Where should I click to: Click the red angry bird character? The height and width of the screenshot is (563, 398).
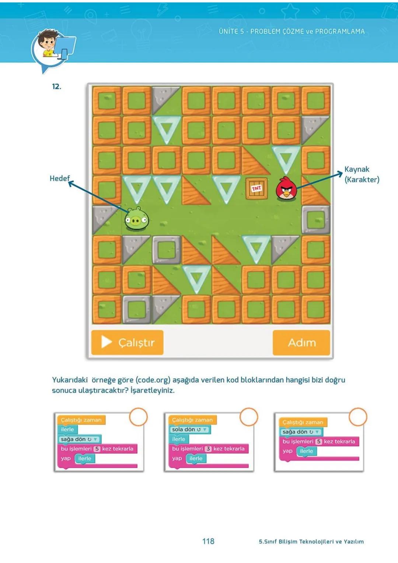(x=286, y=188)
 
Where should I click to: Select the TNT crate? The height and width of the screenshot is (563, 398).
(x=256, y=188)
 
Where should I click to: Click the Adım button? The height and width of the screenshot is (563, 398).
(x=301, y=343)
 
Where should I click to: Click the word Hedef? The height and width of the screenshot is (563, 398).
(x=59, y=178)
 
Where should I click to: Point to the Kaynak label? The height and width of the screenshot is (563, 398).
(x=357, y=169)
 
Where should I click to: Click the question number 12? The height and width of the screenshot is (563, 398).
(x=56, y=87)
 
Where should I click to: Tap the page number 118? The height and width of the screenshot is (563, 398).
(x=208, y=541)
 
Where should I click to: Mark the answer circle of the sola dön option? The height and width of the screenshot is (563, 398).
(x=249, y=417)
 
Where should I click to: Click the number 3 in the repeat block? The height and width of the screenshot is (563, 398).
(x=208, y=449)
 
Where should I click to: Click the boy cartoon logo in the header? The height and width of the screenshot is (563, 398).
(x=52, y=48)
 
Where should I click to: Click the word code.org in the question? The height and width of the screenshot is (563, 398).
(x=153, y=380)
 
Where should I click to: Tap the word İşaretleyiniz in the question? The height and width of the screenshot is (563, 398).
(x=153, y=390)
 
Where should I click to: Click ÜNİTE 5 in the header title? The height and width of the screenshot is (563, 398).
(x=231, y=32)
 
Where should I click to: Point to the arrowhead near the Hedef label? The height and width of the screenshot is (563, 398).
(x=70, y=182)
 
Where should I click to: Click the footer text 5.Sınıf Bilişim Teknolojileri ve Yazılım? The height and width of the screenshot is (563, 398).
(x=311, y=542)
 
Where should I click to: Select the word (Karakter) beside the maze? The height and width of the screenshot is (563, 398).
(x=362, y=179)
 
